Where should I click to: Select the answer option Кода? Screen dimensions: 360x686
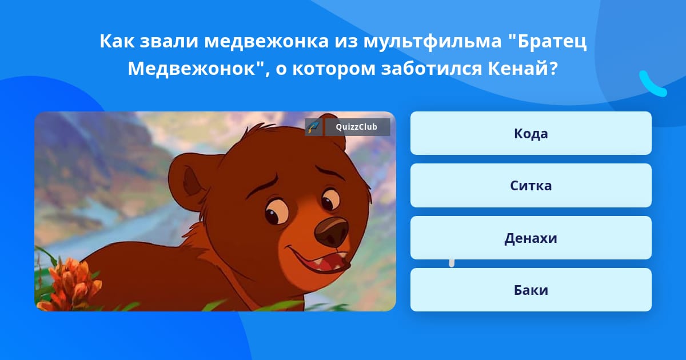(x=531, y=133)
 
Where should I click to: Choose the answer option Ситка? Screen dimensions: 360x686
(x=531, y=186)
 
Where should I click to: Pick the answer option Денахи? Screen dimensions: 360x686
(x=531, y=238)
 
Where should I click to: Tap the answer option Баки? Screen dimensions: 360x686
(x=531, y=290)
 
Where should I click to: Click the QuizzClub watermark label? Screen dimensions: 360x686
(x=357, y=127)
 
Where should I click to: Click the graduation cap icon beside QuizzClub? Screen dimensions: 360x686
(x=313, y=127)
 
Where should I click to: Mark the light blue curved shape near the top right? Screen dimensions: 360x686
(x=652, y=83)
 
